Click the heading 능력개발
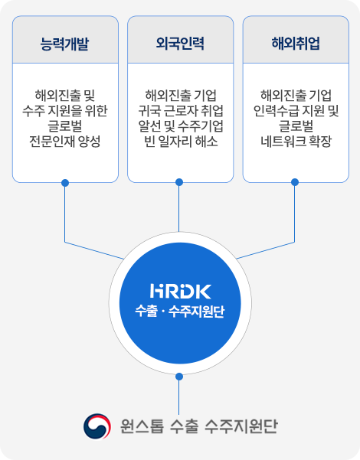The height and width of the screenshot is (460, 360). (64, 44)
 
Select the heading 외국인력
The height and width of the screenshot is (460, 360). (180, 44)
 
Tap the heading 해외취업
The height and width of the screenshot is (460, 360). (296, 44)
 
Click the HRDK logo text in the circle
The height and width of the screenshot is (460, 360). (180, 291)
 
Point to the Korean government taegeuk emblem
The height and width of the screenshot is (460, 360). (97, 426)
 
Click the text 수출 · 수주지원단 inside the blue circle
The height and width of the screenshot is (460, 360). (180, 312)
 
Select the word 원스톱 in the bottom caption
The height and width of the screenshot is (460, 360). (142, 426)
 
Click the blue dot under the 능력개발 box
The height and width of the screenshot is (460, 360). (65, 183)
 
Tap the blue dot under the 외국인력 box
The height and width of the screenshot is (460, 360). (179, 182)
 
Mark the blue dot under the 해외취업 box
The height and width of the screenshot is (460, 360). (295, 182)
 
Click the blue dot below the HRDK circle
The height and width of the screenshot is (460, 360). (179, 377)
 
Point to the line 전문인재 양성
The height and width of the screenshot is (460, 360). (65, 142)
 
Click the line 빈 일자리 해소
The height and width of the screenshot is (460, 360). (181, 142)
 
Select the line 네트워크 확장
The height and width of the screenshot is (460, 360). (296, 142)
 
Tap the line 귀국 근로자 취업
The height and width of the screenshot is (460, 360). (181, 111)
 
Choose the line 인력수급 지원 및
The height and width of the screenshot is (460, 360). (296, 111)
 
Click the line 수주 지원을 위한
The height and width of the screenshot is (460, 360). (65, 111)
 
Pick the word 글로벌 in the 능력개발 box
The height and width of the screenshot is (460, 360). (65, 126)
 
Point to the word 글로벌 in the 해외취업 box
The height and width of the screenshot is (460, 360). (296, 126)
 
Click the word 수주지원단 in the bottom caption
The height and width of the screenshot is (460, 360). (241, 426)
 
